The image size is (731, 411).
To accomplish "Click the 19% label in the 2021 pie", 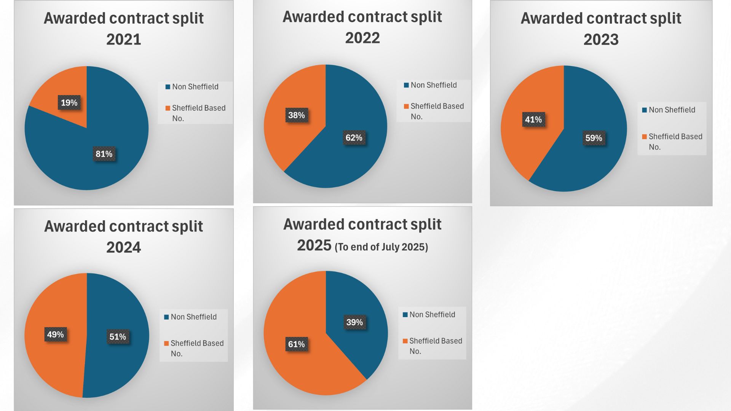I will [x=69, y=102].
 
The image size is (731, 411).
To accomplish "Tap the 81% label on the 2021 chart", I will [x=104, y=154].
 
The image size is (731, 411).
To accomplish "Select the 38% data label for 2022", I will [x=296, y=115].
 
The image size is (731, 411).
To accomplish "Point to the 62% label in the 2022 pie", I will [x=354, y=138].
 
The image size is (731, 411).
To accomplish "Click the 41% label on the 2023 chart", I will [x=533, y=119].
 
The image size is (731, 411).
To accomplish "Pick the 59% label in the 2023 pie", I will [x=594, y=138].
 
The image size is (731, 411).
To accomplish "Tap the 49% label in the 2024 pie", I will [x=55, y=335].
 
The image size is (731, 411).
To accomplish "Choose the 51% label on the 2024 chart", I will [x=118, y=337].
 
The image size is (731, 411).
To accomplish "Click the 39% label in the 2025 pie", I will [x=354, y=322].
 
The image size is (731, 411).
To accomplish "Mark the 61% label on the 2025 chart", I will [x=296, y=344].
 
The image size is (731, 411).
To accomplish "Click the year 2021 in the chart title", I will [x=123, y=39].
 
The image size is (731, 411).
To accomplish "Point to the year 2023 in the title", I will [x=601, y=39].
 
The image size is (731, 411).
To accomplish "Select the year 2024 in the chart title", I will [x=123, y=247].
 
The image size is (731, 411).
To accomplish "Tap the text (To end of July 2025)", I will [x=381, y=247].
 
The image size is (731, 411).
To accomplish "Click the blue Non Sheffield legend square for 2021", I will [x=168, y=87].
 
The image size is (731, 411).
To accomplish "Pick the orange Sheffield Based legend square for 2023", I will [x=644, y=137].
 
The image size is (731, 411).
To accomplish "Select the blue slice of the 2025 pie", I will [x=362, y=342].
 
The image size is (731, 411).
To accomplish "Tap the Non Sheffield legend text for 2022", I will [x=434, y=85].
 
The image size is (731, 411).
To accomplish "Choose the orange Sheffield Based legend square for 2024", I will [x=166, y=343].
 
